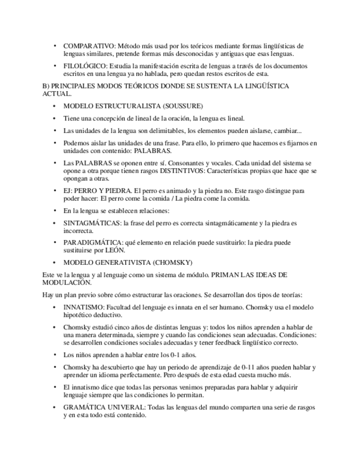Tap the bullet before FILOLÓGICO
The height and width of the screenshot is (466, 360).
pos(54,66)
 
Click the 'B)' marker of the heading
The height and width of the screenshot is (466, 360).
pos(46,86)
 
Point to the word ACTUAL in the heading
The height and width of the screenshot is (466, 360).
pos(56,94)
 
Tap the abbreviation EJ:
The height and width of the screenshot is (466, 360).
pos(69,191)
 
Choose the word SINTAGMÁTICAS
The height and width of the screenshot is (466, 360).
pos(92,223)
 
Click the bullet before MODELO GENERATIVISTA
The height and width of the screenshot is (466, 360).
pos(54,262)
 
